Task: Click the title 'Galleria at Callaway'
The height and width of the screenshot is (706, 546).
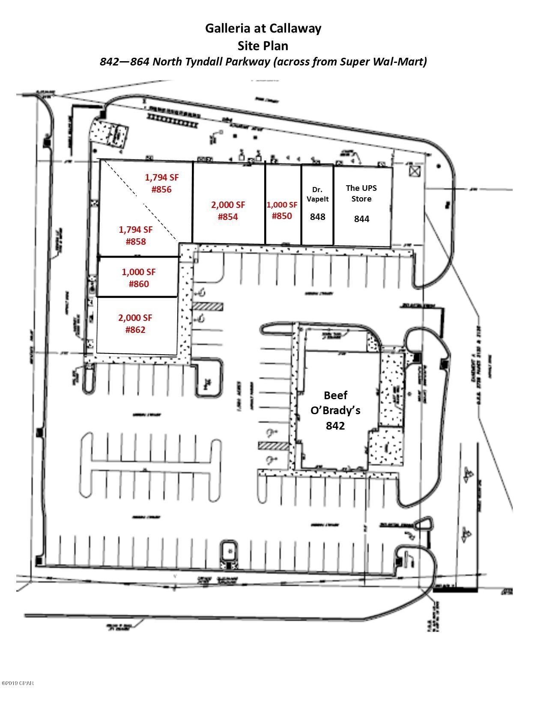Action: pos(263,28)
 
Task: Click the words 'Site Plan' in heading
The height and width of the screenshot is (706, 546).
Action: pos(263,45)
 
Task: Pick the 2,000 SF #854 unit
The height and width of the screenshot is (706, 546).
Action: pos(228,211)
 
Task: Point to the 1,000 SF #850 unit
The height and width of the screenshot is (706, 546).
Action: pos(282,211)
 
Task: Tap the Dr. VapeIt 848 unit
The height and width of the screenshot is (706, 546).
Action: pos(317,203)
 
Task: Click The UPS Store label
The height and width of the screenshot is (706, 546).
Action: pos(361,193)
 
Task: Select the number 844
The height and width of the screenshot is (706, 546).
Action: pos(361,219)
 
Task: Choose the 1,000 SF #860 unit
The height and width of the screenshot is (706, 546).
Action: pos(138,278)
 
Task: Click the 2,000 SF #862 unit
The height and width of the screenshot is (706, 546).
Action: pos(136,323)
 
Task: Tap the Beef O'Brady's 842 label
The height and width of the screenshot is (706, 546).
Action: pos(335,410)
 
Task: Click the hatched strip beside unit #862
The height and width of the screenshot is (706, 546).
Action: pos(208,306)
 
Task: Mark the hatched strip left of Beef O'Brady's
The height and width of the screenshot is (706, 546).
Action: pos(273,446)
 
